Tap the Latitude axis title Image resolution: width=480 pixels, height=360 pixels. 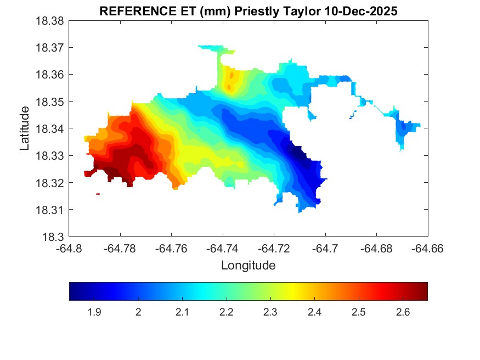pyautogui.click(x=25, y=128)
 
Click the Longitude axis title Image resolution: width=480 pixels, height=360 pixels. pyautogui.click(x=248, y=266)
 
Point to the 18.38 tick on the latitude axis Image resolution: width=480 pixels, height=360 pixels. pyautogui.click(x=51, y=21)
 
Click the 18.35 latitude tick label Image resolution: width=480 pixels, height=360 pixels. pyautogui.click(x=51, y=102)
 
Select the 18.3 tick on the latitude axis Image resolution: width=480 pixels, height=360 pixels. pyautogui.click(x=54, y=237)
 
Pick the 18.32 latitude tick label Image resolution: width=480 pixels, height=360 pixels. pyautogui.click(x=51, y=183)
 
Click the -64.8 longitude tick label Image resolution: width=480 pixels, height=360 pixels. pyautogui.click(x=69, y=249)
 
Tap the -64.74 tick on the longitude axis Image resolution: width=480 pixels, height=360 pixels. pyautogui.click(x=222, y=249)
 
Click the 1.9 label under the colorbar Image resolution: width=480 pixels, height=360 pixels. pyautogui.click(x=94, y=312)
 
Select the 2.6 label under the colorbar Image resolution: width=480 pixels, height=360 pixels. pyautogui.click(x=403, y=312)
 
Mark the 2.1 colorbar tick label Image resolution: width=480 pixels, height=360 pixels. pyautogui.click(x=182, y=312)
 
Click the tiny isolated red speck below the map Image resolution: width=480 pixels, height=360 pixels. pyautogui.click(x=98, y=194)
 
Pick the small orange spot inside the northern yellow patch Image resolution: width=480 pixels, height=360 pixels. pyautogui.click(x=231, y=75)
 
